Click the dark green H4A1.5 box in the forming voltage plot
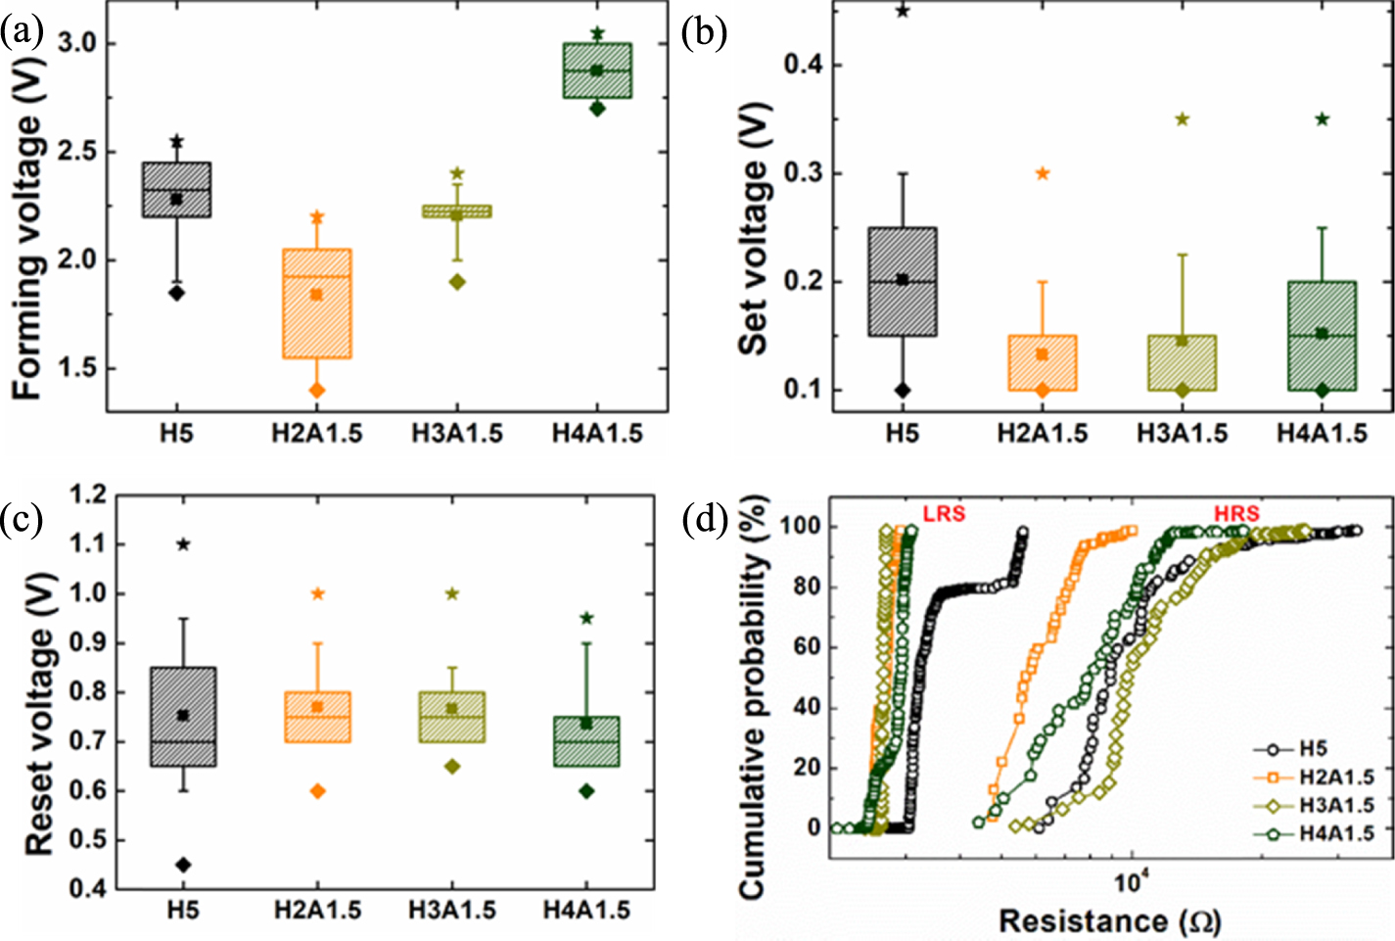(596, 71)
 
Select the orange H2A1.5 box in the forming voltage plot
(316, 303)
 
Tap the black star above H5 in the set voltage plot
(903, 11)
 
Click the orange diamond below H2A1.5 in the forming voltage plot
(316, 390)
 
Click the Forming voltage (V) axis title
(28, 256)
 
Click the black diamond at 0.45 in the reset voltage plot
(183, 865)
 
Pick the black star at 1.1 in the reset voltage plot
(183, 544)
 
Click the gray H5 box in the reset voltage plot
(183, 716)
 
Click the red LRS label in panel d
(944, 514)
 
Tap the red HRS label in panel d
(1236, 514)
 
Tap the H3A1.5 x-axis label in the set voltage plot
(1182, 434)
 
